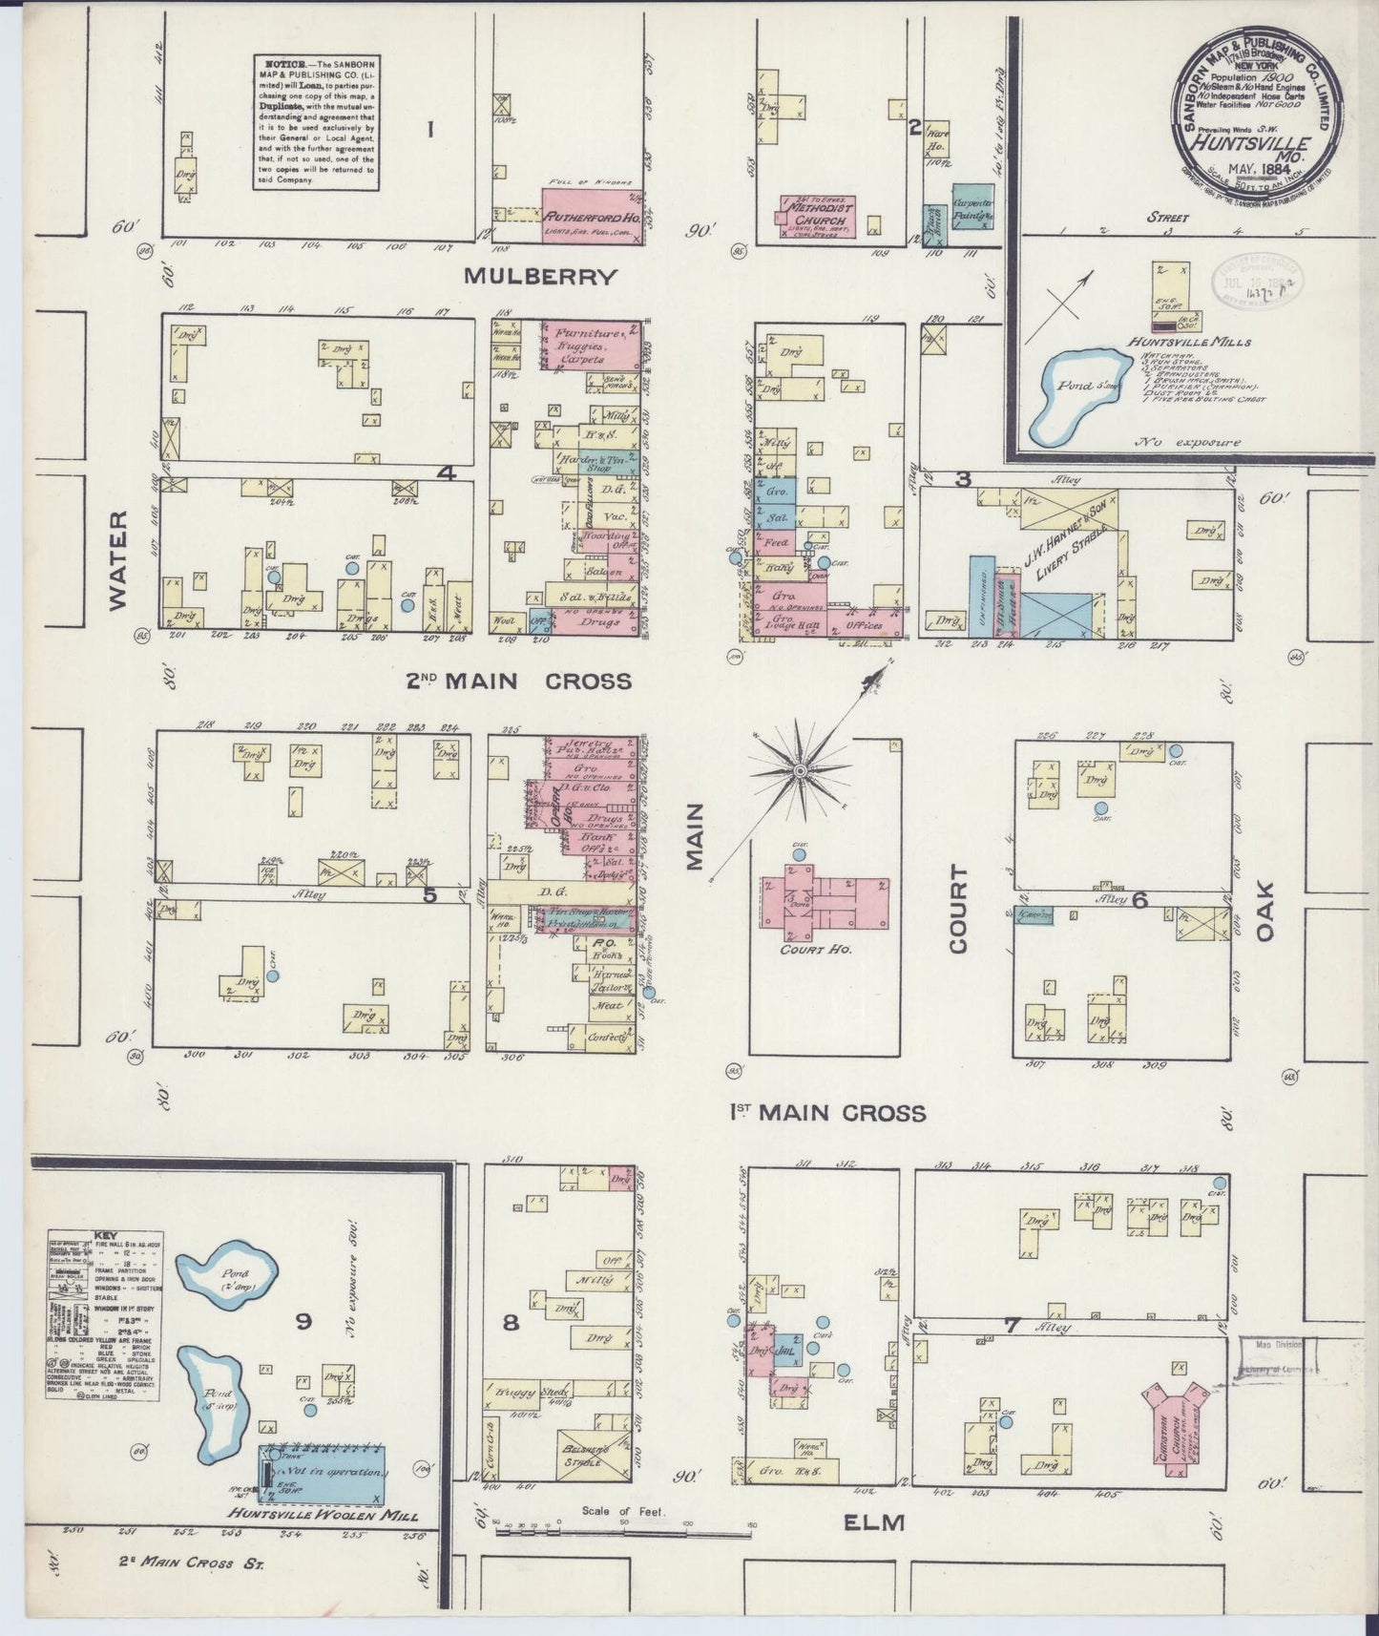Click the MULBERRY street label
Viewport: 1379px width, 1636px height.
540,277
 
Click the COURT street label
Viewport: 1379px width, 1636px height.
958,909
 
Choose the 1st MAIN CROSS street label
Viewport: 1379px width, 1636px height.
827,1113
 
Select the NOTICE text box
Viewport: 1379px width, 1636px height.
314,120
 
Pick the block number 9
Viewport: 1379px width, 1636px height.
303,1321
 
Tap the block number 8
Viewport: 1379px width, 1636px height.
512,1323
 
